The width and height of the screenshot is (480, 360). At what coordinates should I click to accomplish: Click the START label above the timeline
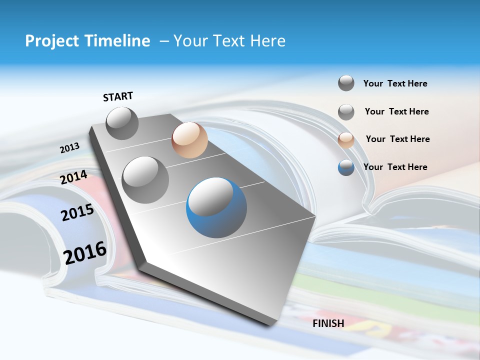click(118, 96)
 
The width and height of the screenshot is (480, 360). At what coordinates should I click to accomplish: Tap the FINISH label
click(328, 323)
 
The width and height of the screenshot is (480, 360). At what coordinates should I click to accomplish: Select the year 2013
click(69, 148)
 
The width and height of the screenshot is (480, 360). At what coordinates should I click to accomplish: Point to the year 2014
click(73, 177)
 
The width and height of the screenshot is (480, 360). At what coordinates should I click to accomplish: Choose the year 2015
click(77, 212)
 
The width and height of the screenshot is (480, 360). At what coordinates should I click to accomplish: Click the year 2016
click(85, 253)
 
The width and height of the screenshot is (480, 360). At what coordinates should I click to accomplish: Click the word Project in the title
click(51, 41)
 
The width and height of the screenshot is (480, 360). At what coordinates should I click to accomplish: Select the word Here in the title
click(267, 41)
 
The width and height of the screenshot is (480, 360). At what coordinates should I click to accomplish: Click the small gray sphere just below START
click(122, 123)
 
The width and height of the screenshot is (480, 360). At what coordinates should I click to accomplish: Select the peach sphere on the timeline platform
click(189, 140)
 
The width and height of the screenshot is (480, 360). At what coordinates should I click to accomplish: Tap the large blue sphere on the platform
click(216, 207)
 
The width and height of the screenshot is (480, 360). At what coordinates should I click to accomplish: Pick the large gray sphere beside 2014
click(145, 179)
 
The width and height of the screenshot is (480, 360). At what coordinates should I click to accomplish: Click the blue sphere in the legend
click(346, 167)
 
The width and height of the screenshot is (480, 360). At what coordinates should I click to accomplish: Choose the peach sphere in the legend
click(346, 140)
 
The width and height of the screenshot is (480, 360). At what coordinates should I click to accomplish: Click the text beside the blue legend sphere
click(395, 167)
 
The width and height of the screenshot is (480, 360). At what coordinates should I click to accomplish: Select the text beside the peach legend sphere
click(397, 139)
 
